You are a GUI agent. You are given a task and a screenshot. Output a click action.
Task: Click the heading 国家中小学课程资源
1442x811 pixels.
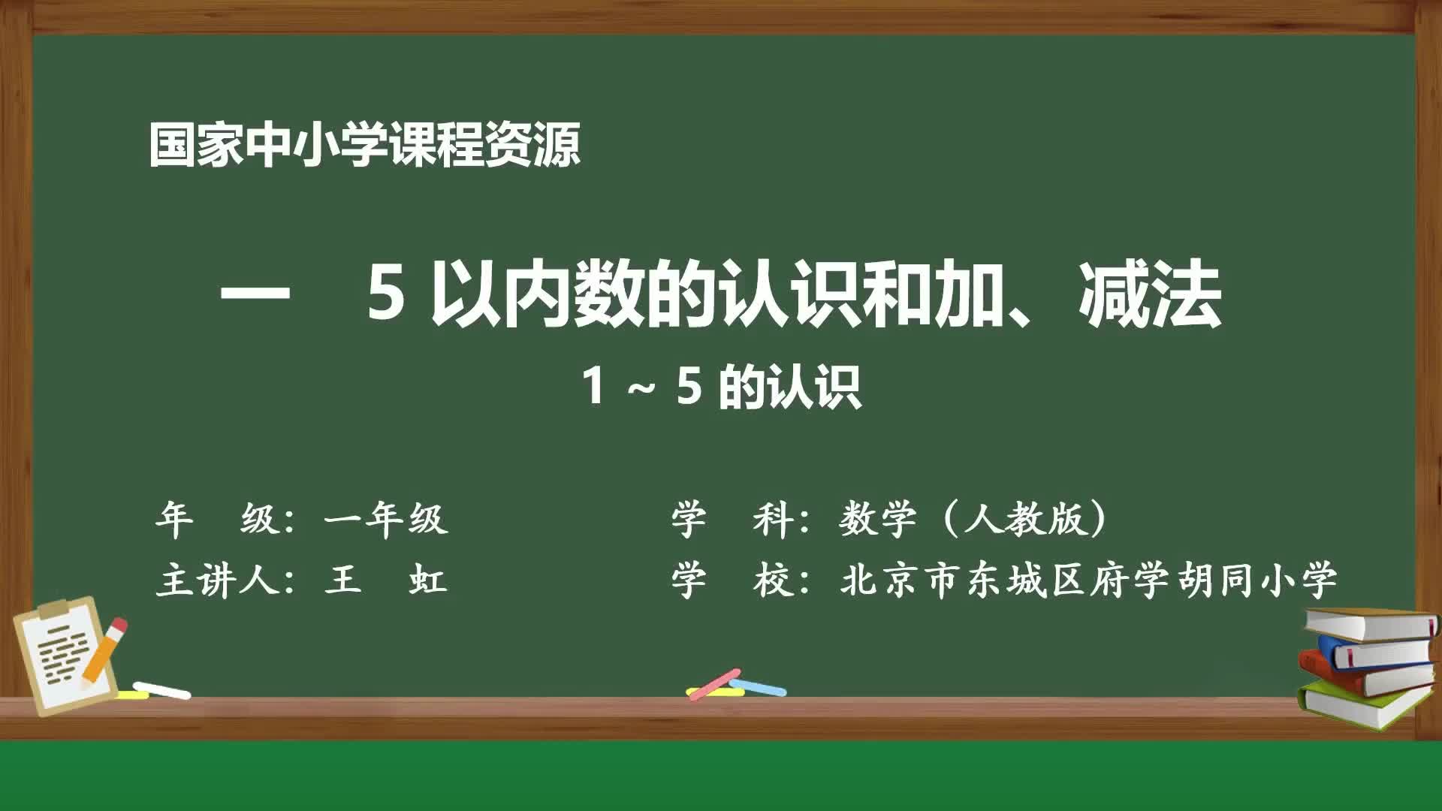pos(364,145)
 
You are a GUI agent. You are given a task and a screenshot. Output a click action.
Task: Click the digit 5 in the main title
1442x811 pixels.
pos(387,297)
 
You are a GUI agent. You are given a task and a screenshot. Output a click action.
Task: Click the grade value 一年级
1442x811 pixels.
pos(386,519)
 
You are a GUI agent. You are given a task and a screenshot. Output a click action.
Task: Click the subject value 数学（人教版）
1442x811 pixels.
pos(973,519)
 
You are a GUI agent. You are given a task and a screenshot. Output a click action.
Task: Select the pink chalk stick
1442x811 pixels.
pos(713,684)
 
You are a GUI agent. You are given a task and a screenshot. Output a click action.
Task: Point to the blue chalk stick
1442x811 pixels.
pos(759,686)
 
